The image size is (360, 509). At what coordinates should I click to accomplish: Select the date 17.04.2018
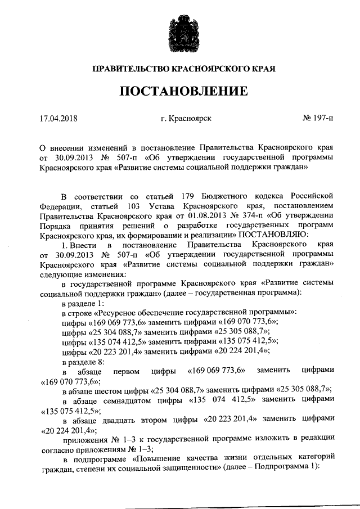coord(58,119)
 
